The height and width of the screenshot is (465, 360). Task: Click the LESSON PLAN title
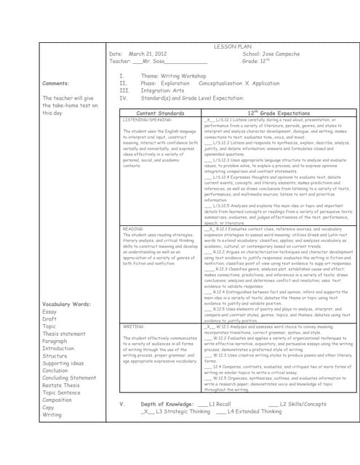click(x=231, y=46)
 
